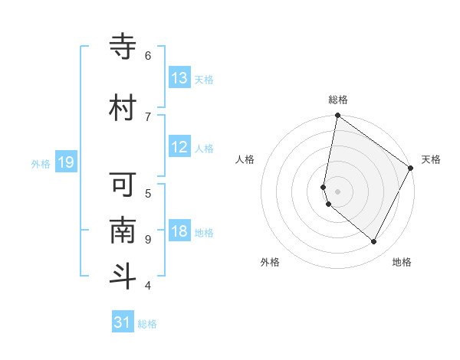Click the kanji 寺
[123, 47]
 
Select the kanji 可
[123, 185]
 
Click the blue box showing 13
[179, 78]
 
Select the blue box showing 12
[179, 147]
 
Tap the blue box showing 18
[179, 231]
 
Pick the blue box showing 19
[65, 162]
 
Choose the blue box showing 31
[123, 322]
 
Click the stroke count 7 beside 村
[148, 116]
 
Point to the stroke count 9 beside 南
[148, 239]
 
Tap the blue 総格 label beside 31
[147, 324]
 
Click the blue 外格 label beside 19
[41, 163]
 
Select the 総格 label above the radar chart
[338, 100]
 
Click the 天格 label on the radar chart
[431, 159]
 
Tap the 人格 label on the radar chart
[245, 159]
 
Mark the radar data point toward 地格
[374, 242]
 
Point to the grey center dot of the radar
[338, 191]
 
